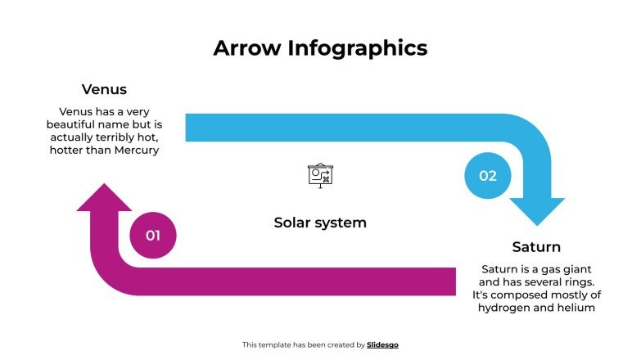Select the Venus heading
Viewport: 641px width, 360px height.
coord(104,89)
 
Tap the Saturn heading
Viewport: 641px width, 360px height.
coord(536,246)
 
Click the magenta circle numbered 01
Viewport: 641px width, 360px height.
coord(153,236)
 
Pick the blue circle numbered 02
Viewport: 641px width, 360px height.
coord(488,175)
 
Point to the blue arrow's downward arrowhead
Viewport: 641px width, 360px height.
coord(537,211)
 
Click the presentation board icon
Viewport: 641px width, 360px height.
coord(320,175)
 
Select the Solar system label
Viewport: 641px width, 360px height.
coord(320,223)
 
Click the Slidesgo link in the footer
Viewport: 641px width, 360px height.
coord(383,345)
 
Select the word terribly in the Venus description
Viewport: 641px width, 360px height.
coord(127,137)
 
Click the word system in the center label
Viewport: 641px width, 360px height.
coord(344,223)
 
